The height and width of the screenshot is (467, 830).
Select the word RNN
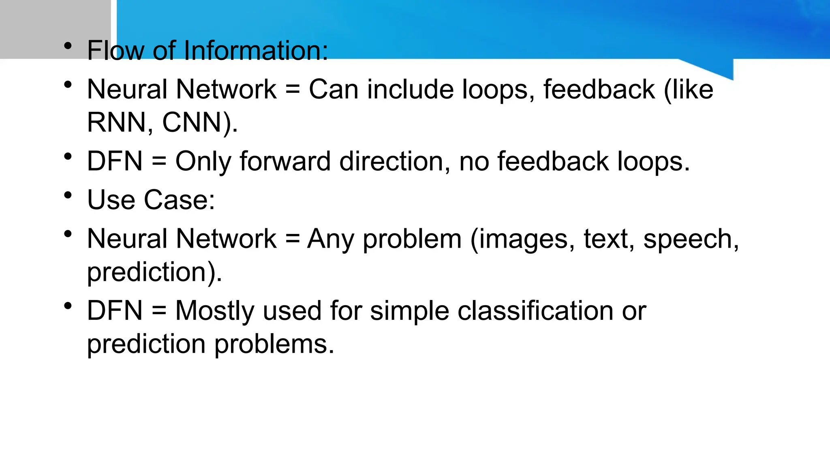click(116, 122)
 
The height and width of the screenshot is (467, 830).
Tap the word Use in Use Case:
click(111, 200)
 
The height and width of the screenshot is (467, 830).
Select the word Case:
click(180, 200)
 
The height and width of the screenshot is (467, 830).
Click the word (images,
click(522, 239)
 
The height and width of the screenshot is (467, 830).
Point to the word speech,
click(691, 239)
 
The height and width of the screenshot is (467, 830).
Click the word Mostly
click(215, 311)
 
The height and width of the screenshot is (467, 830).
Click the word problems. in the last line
click(274, 344)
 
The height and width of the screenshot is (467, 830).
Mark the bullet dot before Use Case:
click(68, 195)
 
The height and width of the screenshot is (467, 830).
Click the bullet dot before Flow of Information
click(68, 45)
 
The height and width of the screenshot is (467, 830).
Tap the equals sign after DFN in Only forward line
click(159, 162)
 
